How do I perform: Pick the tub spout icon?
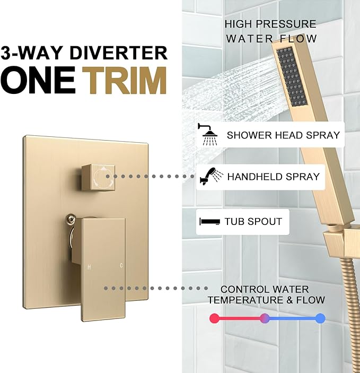tap(209, 221)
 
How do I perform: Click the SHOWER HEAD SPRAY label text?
tap(283, 135)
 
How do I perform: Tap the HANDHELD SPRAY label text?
tap(274, 177)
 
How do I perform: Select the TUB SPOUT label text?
tap(253, 221)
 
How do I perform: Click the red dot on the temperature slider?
tap(214, 318)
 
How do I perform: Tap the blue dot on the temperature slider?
tap(320, 318)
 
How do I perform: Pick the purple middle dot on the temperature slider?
tap(266, 318)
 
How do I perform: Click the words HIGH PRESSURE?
tap(270, 24)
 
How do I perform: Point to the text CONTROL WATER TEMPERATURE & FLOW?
tap(266, 294)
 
